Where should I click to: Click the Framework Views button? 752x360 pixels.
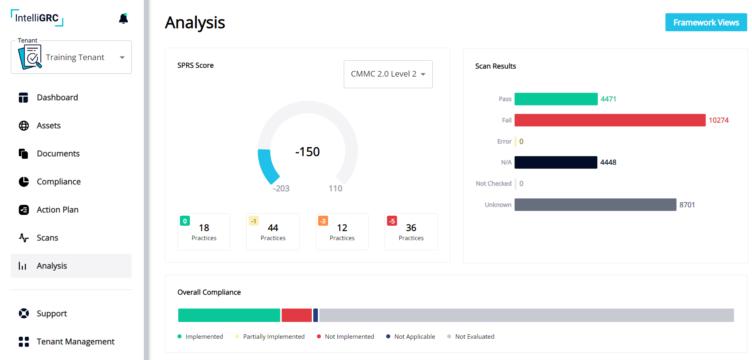click(x=706, y=22)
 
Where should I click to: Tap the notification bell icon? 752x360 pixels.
click(x=123, y=19)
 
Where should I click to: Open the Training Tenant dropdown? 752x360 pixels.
click(x=71, y=57)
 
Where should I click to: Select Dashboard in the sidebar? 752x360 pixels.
click(x=57, y=97)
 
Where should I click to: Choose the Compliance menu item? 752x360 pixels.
click(x=58, y=182)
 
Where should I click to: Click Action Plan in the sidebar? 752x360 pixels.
click(x=57, y=210)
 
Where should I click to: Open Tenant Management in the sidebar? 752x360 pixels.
click(x=75, y=342)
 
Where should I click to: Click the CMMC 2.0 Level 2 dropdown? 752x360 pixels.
click(x=388, y=74)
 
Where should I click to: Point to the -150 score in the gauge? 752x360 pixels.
click(x=307, y=152)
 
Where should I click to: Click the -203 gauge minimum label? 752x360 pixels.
click(x=281, y=188)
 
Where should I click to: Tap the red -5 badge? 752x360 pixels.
click(x=392, y=221)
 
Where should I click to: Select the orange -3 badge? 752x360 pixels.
click(x=323, y=221)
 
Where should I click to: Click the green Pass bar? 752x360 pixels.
click(x=556, y=99)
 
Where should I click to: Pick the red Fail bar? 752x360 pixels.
click(x=609, y=120)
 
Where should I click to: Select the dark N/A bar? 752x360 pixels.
click(x=556, y=162)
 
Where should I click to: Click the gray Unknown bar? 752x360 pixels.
click(x=595, y=205)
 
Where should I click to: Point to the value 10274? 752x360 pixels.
click(x=718, y=120)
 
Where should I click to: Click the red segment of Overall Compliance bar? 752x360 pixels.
click(x=296, y=315)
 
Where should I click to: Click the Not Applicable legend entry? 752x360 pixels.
click(x=414, y=337)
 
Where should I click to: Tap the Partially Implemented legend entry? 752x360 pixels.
click(x=273, y=337)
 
